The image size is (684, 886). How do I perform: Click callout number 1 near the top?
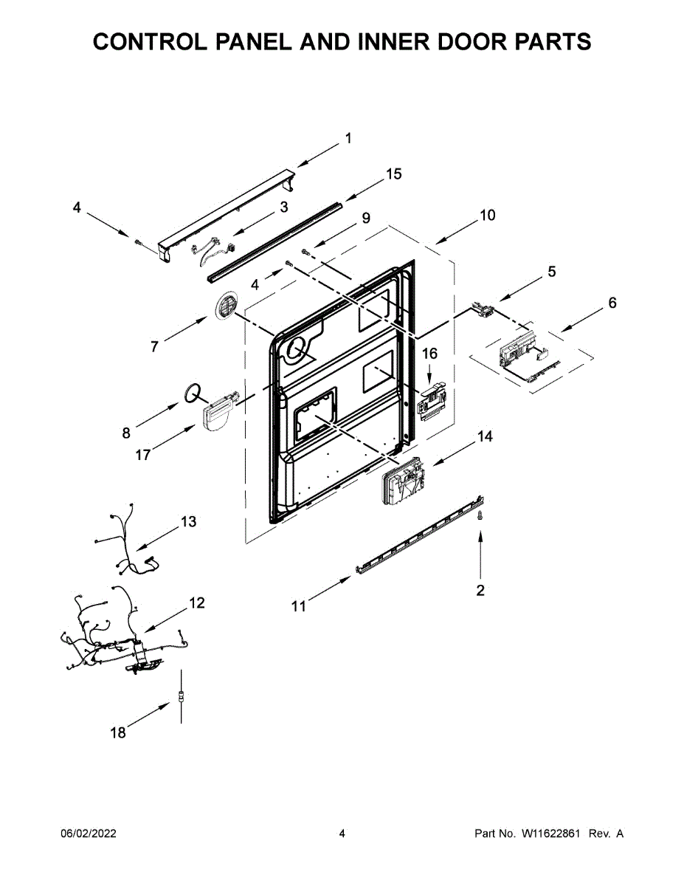click(348, 138)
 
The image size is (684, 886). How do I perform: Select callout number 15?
click(394, 174)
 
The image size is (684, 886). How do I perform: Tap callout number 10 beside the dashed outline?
click(487, 216)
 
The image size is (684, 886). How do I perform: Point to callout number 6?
click(612, 303)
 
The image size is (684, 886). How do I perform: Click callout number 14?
click(484, 436)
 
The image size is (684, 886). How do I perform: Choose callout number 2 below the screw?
click(480, 591)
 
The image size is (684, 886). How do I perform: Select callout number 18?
click(118, 733)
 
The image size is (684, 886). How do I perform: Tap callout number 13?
click(188, 522)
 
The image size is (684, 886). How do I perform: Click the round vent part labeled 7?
click(227, 304)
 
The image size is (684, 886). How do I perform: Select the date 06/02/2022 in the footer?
click(88, 834)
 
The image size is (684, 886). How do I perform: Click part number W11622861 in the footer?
click(553, 834)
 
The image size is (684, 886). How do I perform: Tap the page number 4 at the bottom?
click(342, 834)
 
